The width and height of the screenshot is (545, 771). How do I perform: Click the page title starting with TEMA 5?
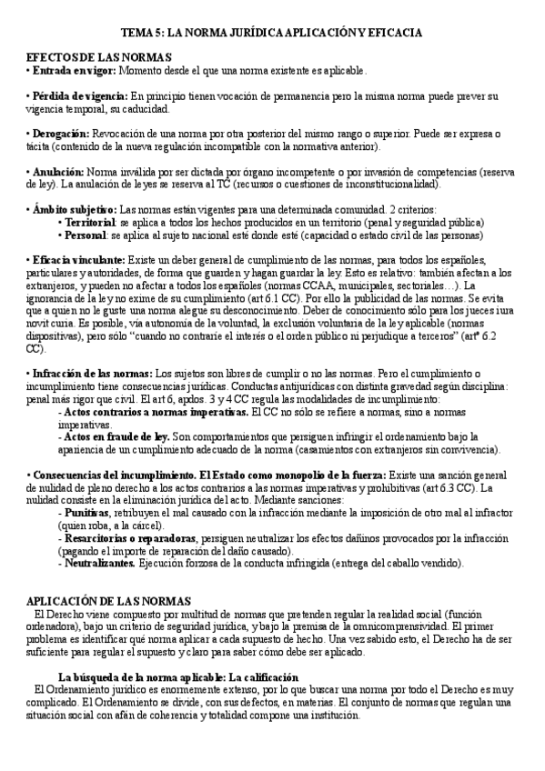273,32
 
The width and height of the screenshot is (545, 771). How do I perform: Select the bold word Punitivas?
88,513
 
